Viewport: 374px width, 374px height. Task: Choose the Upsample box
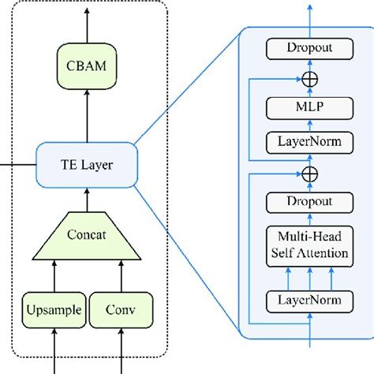[x=54, y=311]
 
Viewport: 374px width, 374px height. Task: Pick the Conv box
[x=122, y=311]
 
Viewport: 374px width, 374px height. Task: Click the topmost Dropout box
[x=309, y=48]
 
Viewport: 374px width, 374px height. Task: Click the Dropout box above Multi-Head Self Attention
[x=309, y=202]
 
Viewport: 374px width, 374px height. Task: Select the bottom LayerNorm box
[x=309, y=301]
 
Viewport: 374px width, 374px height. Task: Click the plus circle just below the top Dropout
[x=309, y=79]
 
